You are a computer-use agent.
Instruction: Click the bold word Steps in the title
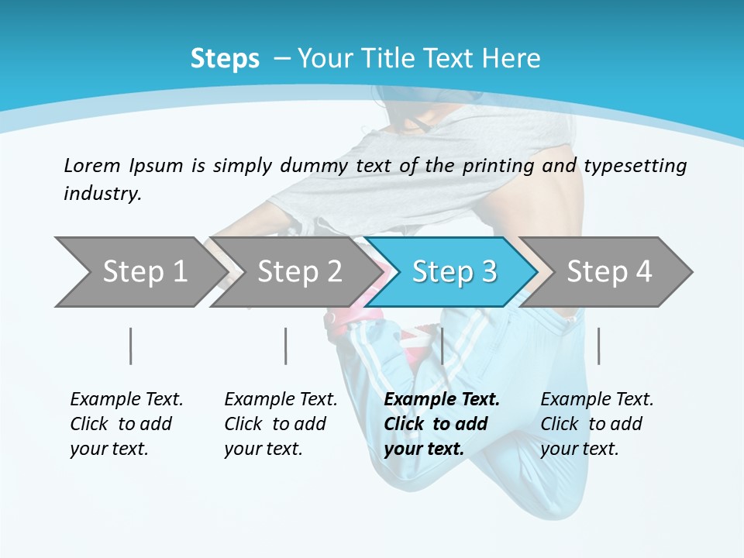pyautogui.click(x=225, y=59)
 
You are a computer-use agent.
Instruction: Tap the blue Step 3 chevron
pyautogui.click(x=453, y=271)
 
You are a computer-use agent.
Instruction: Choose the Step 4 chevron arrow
pyautogui.click(x=608, y=271)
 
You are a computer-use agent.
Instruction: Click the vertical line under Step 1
pyautogui.click(x=131, y=346)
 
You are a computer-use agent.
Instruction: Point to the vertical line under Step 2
pyautogui.click(x=286, y=346)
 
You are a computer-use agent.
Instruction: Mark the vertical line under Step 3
pyautogui.click(x=442, y=346)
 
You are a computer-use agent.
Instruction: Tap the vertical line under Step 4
pyautogui.click(x=598, y=346)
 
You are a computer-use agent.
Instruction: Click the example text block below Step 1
pyautogui.click(x=126, y=424)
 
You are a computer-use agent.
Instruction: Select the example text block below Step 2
pyautogui.click(x=281, y=424)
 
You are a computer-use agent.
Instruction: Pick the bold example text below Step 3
pyautogui.click(x=442, y=424)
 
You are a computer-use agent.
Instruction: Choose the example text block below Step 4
pyautogui.click(x=597, y=424)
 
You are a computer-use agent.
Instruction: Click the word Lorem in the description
pyautogui.click(x=91, y=165)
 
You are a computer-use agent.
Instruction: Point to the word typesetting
pyautogui.click(x=635, y=165)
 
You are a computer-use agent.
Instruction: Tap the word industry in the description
pyautogui.click(x=102, y=193)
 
